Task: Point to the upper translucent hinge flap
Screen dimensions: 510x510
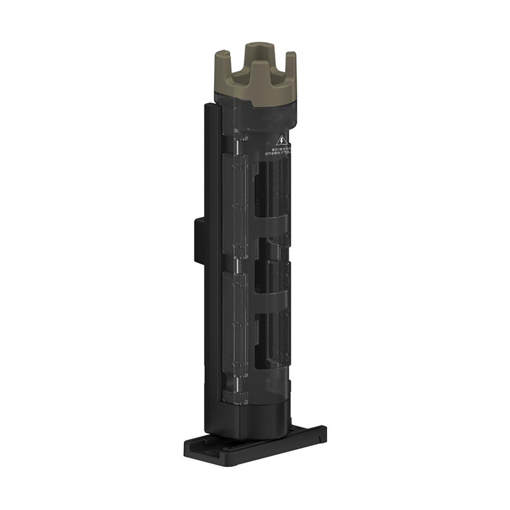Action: pos(235,204)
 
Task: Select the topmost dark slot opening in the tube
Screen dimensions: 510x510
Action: pos(260,189)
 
